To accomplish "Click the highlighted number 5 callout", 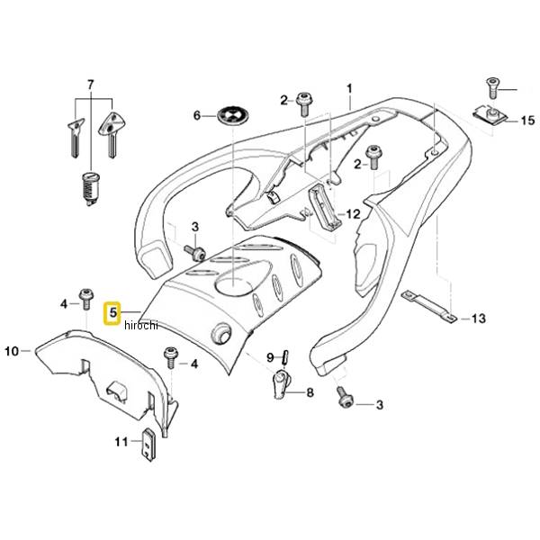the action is (112, 313).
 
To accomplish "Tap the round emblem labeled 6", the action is (234, 116).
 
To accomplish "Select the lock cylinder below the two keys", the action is (91, 189).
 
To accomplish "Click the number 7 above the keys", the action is (90, 85).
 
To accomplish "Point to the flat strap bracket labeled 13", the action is (429, 306).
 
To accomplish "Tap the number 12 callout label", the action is (353, 214).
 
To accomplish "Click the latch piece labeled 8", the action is (282, 383).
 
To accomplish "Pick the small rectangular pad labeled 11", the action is (148, 445).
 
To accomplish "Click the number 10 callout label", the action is (12, 351).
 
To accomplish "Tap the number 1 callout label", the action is (349, 89).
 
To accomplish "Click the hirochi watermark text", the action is (141, 325).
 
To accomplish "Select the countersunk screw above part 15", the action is (491, 88).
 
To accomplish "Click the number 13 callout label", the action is (478, 319).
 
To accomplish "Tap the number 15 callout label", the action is (527, 121).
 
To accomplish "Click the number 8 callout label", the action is (310, 392).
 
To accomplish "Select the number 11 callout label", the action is (121, 442).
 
